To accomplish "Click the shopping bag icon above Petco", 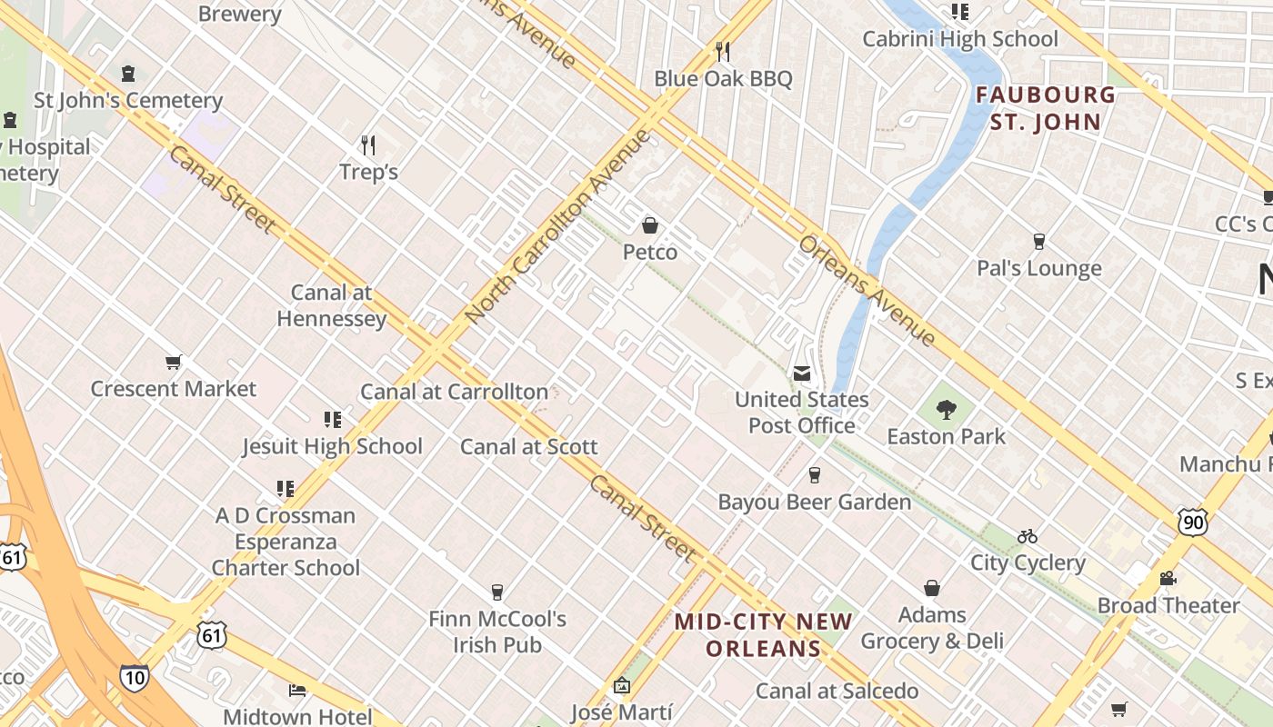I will tap(650, 225).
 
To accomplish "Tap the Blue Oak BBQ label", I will tap(723, 79).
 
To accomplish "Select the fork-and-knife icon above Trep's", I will tap(368, 145).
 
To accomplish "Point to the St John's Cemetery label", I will tap(128, 100).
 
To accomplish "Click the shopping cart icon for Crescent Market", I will tap(173, 363).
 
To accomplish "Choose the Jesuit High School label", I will tap(332, 446).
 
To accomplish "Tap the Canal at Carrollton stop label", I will tap(455, 392).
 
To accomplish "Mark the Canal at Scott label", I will tap(528, 446).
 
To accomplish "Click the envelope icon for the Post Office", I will tap(801, 373).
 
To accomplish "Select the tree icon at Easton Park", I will tap(946, 410).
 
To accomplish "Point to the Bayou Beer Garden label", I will tap(814, 502).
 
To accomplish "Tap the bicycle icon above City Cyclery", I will tap(1027, 536).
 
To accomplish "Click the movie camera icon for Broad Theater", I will tap(1168, 579).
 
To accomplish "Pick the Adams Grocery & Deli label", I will tap(932, 628).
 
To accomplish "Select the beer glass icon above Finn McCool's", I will tap(496, 593).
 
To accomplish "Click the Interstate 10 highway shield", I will tap(134, 678).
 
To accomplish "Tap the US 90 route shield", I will tap(1193, 522).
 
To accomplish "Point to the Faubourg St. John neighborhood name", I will tap(1046, 108).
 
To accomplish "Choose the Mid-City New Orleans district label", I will tap(764, 635).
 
